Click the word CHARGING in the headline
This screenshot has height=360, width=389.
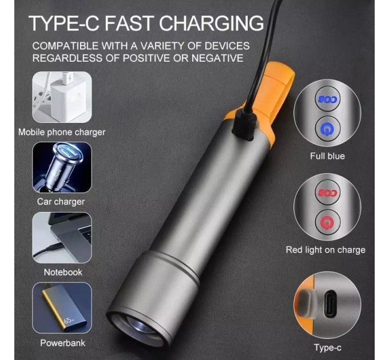coord(211,23)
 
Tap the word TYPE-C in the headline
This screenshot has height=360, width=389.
coord(64,23)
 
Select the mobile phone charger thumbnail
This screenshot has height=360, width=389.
coord(62,97)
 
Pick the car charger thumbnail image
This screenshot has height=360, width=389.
coord(62,167)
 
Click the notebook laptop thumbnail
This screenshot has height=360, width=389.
coord(62,238)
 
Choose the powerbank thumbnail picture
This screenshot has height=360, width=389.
coord(62,308)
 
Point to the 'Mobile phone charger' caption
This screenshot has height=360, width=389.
coord(62,133)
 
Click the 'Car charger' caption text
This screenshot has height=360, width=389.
coord(61,202)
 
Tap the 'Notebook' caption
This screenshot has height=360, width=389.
coord(63,273)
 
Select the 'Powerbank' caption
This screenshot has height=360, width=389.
coord(62,343)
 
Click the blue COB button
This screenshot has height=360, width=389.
coord(328,99)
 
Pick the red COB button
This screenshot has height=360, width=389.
coord(328,193)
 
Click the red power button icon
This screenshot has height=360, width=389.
coord(328,222)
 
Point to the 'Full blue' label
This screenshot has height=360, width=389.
coord(327,156)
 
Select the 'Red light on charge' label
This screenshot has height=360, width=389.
coord(326,250)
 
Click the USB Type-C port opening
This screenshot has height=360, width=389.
coord(330,304)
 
